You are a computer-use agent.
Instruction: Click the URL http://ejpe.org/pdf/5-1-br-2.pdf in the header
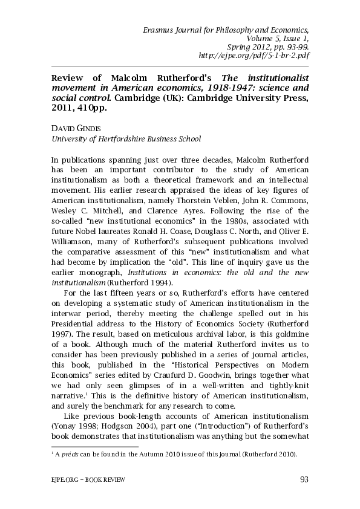coord(255,55)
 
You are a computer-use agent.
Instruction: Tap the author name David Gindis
coord(73,129)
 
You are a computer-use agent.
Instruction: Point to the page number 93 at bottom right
coord(304,480)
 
